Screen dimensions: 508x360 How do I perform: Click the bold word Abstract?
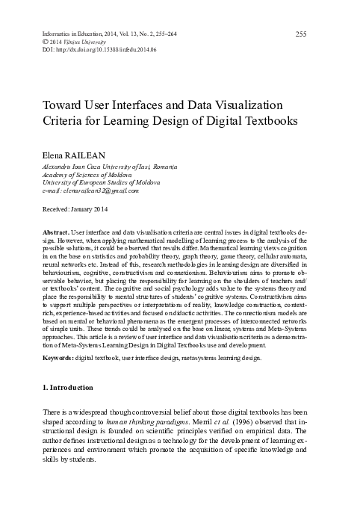click(x=58, y=233)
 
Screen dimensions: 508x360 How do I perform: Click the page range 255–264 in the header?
click(x=180, y=34)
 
